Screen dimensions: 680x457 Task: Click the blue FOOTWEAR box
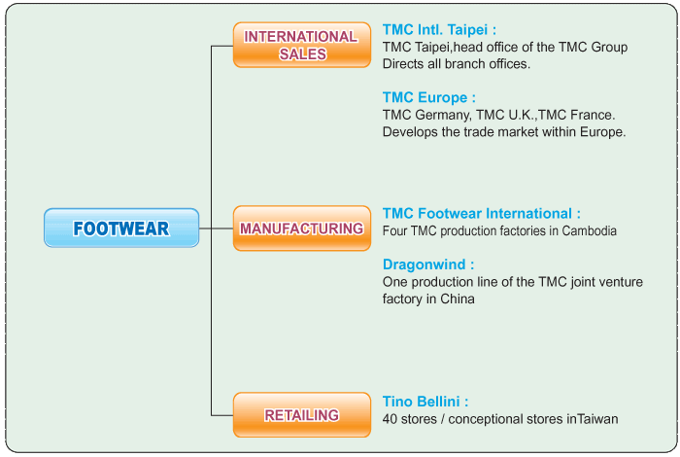click(x=121, y=228)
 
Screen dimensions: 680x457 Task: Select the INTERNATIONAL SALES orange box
click(x=302, y=45)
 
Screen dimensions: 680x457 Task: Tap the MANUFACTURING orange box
click(x=302, y=228)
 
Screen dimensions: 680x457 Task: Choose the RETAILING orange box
click(x=302, y=415)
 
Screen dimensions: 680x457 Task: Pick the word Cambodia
click(x=589, y=230)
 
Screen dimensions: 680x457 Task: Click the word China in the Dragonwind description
click(x=458, y=299)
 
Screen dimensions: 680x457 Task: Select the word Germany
click(x=443, y=116)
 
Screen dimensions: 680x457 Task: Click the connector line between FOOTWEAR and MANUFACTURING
click(x=216, y=228)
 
